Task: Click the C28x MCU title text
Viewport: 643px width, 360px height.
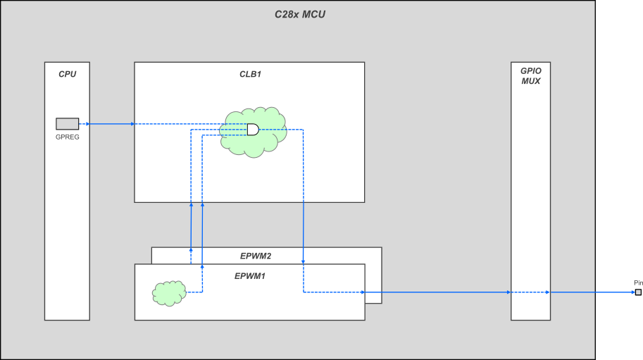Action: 299,14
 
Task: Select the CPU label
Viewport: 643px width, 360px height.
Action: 67,74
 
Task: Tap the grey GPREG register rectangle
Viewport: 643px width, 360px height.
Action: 67,124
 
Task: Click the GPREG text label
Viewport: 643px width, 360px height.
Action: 67,137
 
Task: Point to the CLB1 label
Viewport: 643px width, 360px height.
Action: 250,74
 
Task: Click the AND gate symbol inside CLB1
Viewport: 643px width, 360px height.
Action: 252,130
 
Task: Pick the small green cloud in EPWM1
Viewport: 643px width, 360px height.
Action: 169,293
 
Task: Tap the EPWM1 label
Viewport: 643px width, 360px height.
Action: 249,275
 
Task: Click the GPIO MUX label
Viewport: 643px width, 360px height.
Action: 530,76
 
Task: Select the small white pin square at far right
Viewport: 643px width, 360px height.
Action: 638,292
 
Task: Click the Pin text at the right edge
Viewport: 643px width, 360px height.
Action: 638,283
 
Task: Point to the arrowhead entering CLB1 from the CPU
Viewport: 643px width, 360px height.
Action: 132,124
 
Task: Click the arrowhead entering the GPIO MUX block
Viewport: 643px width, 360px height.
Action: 508,292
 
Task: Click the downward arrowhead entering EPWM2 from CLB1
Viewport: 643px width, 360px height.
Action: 304,261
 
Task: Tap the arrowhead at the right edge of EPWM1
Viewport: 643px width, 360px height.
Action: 363,292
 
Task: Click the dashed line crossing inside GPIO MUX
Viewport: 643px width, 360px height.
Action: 530,292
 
